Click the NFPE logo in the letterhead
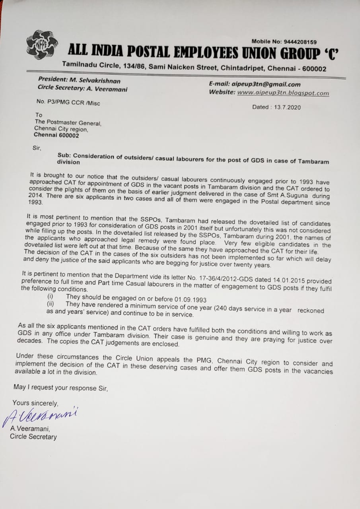pyautogui.click(x=42, y=45)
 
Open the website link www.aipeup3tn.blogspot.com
pyautogui.click(x=283, y=93)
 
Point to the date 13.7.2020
pyautogui.click(x=287, y=107)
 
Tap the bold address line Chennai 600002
pyautogui.click(x=56, y=135)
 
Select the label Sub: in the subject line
pyautogui.click(x=64, y=156)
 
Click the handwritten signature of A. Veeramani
pyautogui.click(x=40, y=416)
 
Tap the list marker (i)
pyautogui.click(x=50, y=297)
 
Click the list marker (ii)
pyautogui.click(x=51, y=304)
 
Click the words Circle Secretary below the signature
pyautogui.click(x=33, y=437)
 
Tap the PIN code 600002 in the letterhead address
pyautogui.click(x=314, y=69)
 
